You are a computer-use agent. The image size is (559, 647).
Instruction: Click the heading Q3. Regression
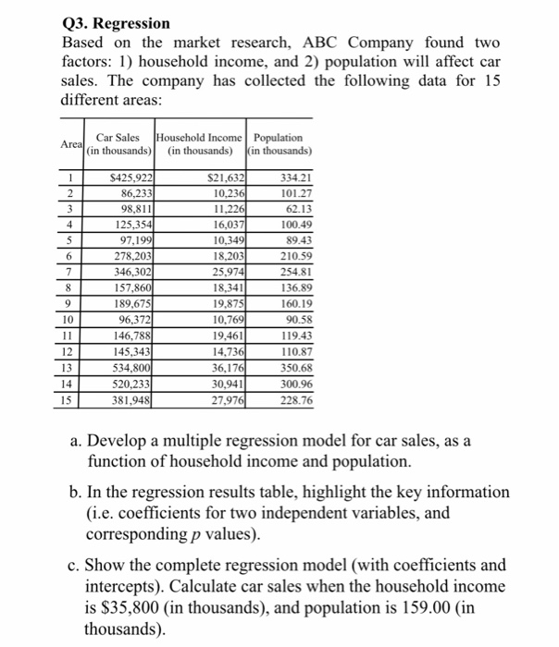click(x=115, y=21)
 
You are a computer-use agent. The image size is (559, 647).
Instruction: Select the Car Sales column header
click(x=119, y=144)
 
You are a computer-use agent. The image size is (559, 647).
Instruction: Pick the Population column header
click(x=283, y=144)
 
